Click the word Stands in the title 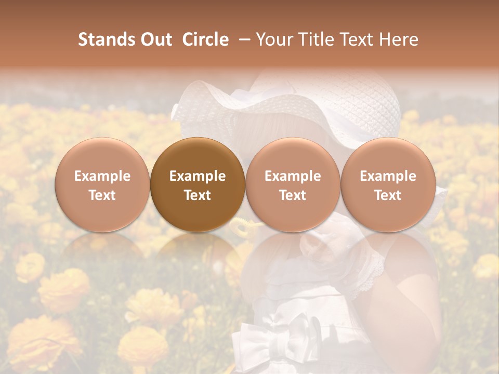click(107, 39)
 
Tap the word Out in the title click(155, 39)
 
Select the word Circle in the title click(205, 39)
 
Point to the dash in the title click(242, 40)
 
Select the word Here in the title click(399, 39)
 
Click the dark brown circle click(197, 185)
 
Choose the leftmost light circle click(102, 185)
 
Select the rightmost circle click(388, 185)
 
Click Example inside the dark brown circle click(197, 176)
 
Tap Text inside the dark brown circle click(197, 195)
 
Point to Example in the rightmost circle click(388, 176)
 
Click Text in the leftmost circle click(102, 195)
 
